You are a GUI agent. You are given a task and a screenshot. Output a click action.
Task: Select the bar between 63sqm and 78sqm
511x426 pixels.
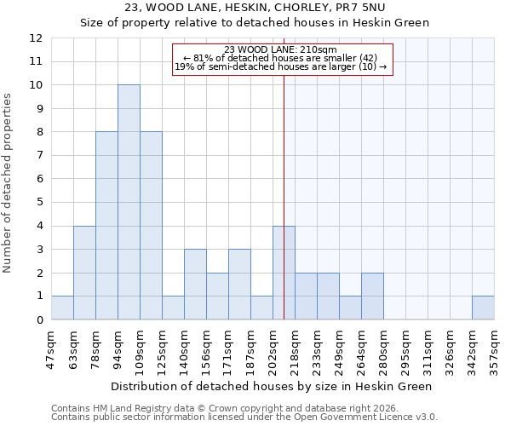coord(84,273)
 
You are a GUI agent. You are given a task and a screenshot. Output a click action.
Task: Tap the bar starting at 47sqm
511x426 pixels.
coord(62,308)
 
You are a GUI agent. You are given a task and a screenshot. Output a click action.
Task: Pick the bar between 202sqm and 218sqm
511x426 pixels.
coord(284,273)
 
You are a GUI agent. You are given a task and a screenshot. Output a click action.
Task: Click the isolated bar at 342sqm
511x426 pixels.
coord(483,308)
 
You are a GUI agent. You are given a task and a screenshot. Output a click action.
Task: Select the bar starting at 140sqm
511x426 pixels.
coord(195,285)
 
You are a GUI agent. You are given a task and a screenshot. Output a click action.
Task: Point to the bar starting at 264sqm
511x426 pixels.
coord(372,296)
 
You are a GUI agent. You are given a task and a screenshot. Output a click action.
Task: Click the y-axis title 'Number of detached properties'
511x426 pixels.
coord(9,184)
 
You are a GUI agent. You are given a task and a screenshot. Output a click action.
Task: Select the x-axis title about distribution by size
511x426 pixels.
coord(272,386)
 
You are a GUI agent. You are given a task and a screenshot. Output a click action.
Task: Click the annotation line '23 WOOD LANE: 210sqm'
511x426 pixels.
coord(281,49)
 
